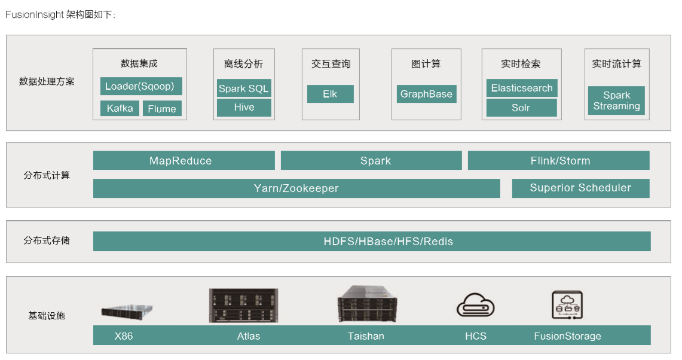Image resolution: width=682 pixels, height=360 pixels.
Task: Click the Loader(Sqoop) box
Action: [140, 86]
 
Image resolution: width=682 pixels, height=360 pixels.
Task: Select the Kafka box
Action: [120, 108]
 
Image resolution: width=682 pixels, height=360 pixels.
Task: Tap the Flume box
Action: [162, 108]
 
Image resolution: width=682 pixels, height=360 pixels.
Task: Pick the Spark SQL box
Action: [244, 89]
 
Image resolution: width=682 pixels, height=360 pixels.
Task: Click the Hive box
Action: [244, 108]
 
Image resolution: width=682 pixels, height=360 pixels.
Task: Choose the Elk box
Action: [330, 94]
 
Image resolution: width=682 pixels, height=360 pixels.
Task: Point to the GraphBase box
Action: [426, 94]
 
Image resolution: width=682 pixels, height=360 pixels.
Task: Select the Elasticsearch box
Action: [522, 89]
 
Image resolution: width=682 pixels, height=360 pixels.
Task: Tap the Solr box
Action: [521, 108]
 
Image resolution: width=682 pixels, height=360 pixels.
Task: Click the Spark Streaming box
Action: [616, 100]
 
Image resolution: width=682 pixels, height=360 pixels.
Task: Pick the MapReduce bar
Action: [184, 160]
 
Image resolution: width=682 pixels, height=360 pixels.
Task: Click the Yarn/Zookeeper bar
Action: [296, 188]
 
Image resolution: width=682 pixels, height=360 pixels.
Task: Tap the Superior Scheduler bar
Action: [580, 188]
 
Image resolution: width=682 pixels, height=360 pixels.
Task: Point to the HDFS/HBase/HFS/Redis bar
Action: [372, 242]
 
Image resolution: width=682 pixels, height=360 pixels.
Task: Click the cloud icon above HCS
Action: [476, 306]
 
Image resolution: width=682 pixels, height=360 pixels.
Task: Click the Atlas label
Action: [249, 336]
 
